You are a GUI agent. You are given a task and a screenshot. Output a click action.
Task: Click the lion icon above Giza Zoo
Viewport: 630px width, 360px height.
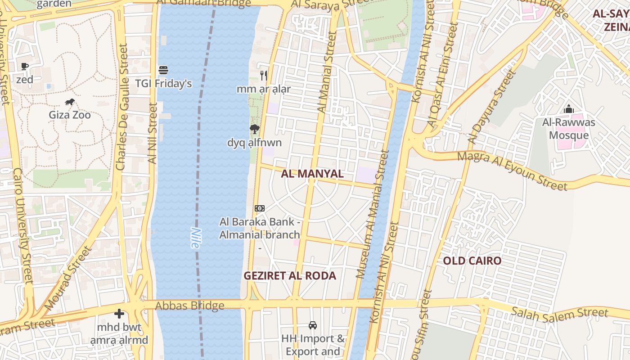click(70, 102)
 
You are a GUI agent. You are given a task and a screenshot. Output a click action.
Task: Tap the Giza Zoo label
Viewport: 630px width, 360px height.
click(70, 115)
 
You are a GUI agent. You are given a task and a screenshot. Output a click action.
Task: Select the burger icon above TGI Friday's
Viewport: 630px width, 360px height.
click(163, 70)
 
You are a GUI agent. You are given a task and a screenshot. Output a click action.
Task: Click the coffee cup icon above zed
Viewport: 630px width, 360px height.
click(25, 67)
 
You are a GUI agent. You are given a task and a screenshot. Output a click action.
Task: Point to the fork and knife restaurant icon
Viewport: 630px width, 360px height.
click(264, 75)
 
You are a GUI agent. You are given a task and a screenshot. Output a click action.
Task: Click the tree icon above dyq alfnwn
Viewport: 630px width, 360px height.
click(255, 130)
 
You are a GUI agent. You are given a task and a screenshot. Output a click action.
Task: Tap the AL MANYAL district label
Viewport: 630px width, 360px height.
click(312, 174)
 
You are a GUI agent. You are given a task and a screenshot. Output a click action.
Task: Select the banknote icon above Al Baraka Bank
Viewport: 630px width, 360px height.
click(260, 208)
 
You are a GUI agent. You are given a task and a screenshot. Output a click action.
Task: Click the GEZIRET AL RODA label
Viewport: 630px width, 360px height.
click(290, 276)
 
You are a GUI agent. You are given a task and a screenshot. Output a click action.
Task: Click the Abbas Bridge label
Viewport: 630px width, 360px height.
click(189, 306)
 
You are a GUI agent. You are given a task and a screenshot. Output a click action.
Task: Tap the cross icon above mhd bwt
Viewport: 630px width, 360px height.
click(119, 313)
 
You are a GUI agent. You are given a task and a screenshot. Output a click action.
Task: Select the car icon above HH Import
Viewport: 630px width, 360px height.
click(313, 325)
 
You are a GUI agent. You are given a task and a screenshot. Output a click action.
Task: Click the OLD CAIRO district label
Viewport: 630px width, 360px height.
click(472, 261)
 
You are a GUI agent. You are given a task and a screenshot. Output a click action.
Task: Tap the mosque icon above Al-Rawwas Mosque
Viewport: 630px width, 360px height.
click(569, 109)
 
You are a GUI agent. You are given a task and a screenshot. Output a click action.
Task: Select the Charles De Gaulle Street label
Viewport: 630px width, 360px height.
click(122, 107)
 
